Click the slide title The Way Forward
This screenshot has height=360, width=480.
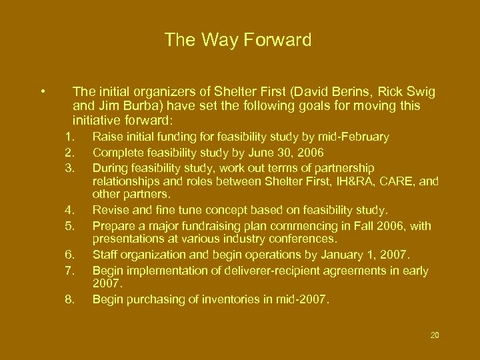click(x=238, y=41)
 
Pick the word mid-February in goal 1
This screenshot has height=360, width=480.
click(x=357, y=137)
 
